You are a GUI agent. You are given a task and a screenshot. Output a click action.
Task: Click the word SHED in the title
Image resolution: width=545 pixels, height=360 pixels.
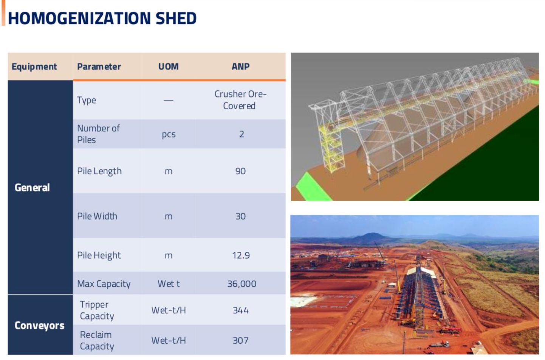click(x=176, y=18)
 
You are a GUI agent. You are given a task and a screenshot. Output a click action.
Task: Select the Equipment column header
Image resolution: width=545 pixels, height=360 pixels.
click(x=34, y=67)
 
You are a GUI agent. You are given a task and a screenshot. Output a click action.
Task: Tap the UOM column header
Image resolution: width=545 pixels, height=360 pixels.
click(x=168, y=67)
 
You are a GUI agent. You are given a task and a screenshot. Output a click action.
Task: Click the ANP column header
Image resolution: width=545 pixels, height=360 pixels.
click(x=240, y=67)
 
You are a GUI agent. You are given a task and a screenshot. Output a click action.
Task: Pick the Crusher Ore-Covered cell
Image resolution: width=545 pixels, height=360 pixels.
click(x=240, y=100)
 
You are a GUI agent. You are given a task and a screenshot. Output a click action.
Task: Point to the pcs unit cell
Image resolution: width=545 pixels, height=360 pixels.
click(x=169, y=134)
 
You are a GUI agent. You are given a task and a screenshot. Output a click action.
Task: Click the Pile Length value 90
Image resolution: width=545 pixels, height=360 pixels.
click(x=240, y=171)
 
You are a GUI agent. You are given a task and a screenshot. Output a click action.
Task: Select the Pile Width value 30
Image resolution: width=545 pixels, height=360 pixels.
click(x=240, y=216)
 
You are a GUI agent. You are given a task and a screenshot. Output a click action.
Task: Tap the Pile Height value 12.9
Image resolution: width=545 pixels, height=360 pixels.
click(x=241, y=255)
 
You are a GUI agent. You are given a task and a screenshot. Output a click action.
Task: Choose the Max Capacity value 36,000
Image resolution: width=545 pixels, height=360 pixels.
click(x=242, y=284)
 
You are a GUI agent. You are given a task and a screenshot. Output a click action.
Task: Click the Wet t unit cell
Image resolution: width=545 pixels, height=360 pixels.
click(x=168, y=284)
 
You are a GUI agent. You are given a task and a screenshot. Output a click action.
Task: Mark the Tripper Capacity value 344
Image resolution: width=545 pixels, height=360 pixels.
click(x=241, y=310)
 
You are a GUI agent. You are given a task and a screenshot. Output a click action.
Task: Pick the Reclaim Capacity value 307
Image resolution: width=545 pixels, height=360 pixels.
click(x=241, y=341)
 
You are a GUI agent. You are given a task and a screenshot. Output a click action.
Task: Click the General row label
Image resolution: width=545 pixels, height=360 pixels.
click(x=32, y=188)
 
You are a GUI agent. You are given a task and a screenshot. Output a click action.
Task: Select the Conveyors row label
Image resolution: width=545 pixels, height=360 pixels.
click(x=39, y=326)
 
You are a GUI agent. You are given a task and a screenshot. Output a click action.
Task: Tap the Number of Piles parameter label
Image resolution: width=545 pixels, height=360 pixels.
click(x=98, y=134)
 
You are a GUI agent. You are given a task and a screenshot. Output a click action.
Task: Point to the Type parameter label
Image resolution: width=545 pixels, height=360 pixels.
click(x=87, y=101)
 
